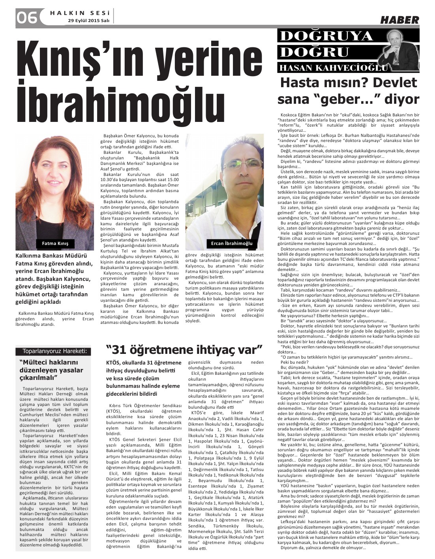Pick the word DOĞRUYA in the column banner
click(x=326, y=36)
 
